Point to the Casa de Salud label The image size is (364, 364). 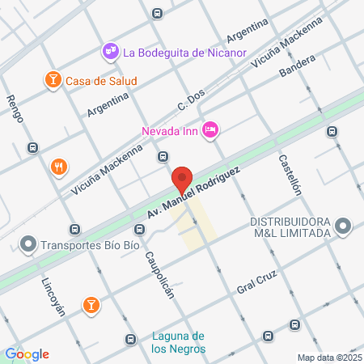(x=101, y=80)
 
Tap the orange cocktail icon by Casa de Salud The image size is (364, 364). (x=52, y=79)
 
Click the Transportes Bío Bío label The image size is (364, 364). (x=91, y=243)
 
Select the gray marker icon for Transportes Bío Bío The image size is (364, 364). (x=29, y=243)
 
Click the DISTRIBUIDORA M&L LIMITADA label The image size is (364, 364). (x=290, y=227)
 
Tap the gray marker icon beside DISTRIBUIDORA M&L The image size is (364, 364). (x=343, y=226)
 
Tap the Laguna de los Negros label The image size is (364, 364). (x=179, y=343)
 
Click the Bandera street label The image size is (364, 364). (x=296, y=67)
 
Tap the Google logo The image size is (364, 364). (x=27, y=354)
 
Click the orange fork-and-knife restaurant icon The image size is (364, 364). (x=58, y=167)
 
